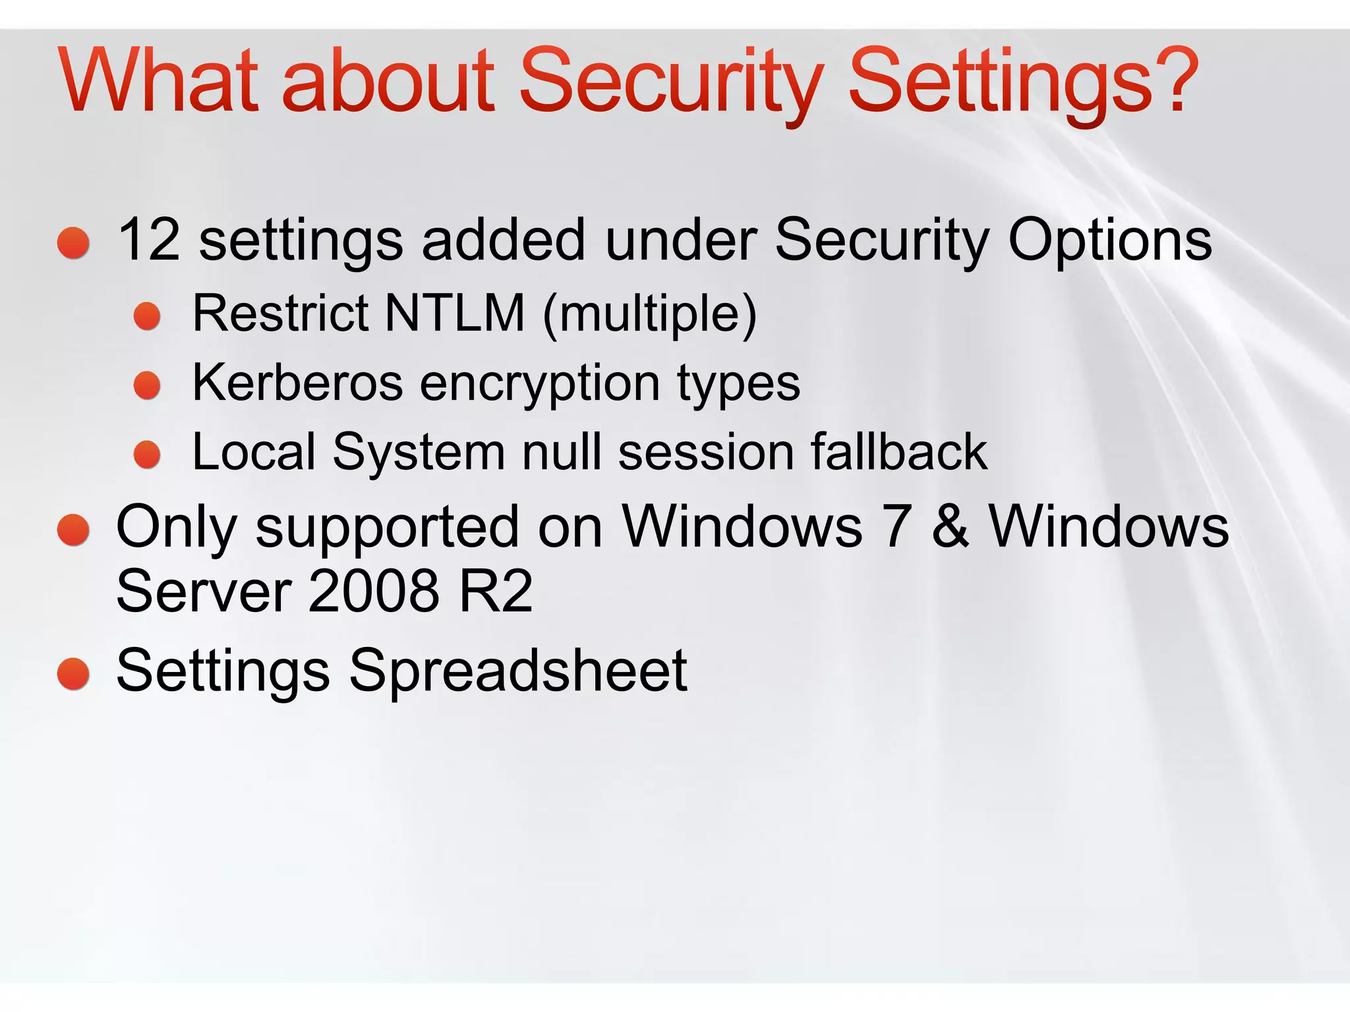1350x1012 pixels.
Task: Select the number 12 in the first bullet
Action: (x=149, y=240)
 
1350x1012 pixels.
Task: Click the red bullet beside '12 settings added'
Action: (x=73, y=243)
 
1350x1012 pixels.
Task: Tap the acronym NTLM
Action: (x=455, y=313)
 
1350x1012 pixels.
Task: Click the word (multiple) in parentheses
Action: (x=650, y=314)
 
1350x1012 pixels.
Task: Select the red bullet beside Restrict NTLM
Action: (x=147, y=316)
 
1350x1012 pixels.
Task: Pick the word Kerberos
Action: (x=297, y=383)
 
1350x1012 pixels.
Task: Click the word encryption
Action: (x=540, y=384)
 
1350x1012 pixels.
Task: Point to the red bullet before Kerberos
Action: (x=147, y=385)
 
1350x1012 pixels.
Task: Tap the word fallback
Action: (x=899, y=452)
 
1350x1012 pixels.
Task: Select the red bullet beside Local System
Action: (x=147, y=455)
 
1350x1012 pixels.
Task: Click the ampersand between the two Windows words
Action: (x=951, y=527)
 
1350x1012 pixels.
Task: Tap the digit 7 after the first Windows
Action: (x=897, y=527)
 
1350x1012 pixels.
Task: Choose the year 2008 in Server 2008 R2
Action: (x=373, y=591)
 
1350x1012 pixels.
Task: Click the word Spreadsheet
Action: (x=518, y=671)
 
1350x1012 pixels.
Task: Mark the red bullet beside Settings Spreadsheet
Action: (x=73, y=674)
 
